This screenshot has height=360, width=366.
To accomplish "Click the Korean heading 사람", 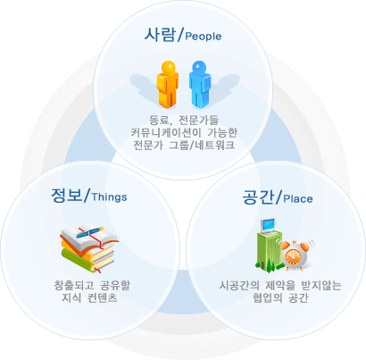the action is (160, 34).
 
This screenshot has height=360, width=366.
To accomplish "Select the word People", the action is (204, 36).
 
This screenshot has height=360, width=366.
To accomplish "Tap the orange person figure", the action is (168, 84).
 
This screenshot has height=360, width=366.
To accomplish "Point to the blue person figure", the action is (200, 84).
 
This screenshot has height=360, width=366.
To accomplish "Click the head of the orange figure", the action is (169, 67).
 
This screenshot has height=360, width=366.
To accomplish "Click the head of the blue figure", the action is (199, 67).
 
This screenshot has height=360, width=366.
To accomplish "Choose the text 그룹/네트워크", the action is (202, 145).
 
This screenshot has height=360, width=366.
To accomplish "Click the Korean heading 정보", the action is (66, 196).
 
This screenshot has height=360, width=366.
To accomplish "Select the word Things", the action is (110, 197).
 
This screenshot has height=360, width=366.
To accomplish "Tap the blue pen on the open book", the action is (90, 232).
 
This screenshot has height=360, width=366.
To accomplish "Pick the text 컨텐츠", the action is (103, 297).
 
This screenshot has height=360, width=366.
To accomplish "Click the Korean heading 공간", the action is (258, 197).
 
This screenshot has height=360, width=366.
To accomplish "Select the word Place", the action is (298, 198).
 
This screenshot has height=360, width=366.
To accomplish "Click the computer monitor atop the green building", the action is (268, 225).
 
